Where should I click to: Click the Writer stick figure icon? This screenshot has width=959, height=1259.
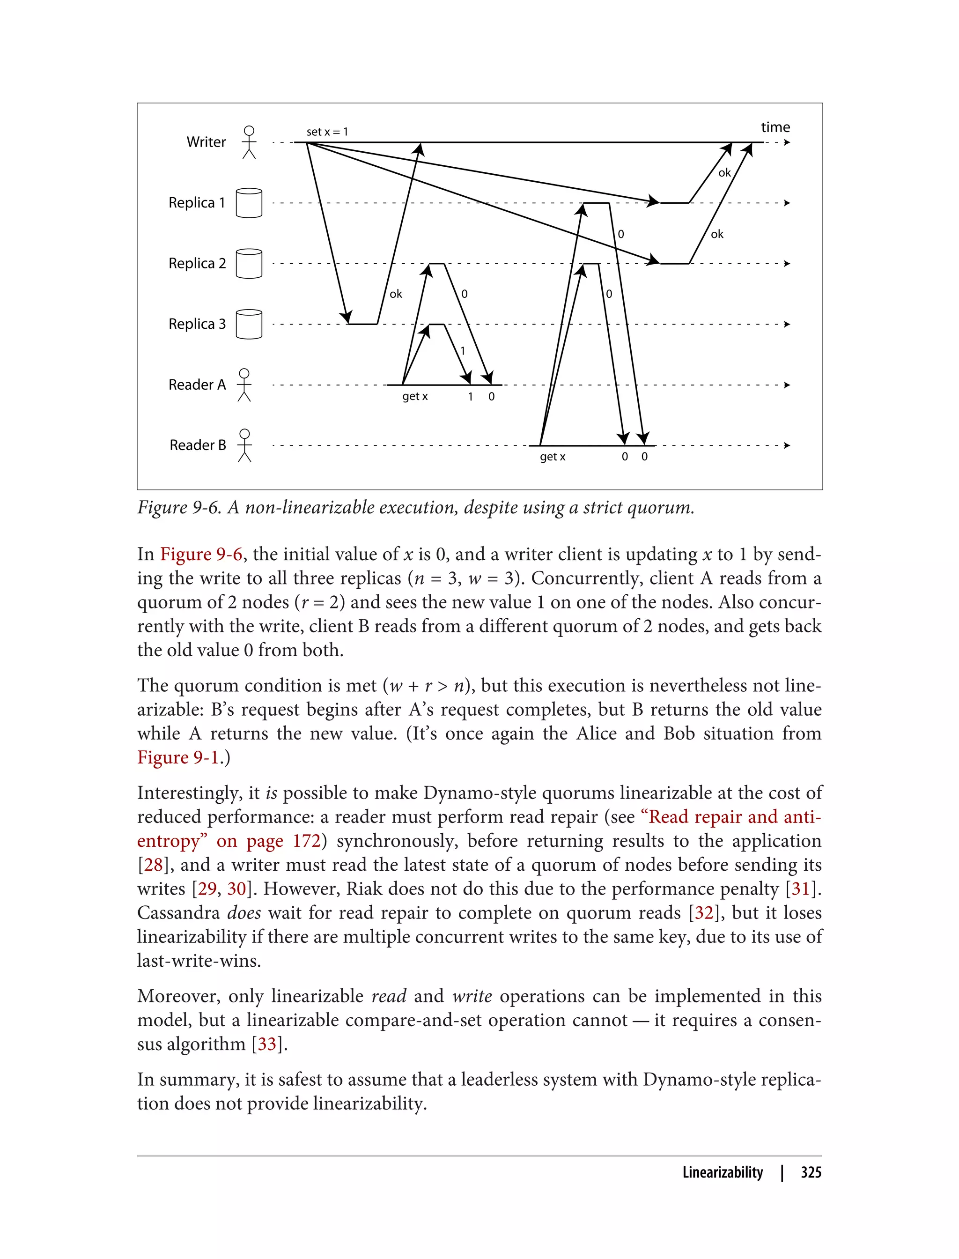249,142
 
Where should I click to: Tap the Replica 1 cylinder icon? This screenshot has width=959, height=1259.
249,203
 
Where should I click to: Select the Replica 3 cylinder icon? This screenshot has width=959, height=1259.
249,324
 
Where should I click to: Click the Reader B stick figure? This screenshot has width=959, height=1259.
244,445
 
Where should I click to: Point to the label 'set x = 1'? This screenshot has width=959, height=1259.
327,132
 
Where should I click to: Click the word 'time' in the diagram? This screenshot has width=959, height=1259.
775,127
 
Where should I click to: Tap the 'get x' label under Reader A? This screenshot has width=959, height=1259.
415,397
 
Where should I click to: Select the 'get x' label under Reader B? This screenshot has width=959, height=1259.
553,457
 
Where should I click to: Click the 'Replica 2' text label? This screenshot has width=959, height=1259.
197,263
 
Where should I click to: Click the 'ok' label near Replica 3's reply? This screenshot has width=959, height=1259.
396,294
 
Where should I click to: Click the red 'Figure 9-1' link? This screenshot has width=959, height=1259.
178,758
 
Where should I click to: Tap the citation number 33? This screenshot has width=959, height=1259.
267,1044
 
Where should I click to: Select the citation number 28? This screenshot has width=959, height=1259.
153,865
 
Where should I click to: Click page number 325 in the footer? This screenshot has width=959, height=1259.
811,1172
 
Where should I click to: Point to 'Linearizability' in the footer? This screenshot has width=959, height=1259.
723,1172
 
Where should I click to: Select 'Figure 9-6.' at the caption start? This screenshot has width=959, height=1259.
179,508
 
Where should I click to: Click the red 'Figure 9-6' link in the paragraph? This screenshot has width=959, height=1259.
201,555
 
